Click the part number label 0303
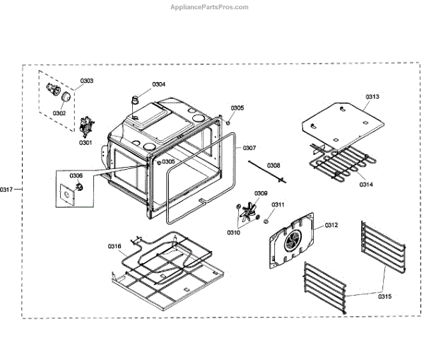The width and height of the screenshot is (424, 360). coord(86,81)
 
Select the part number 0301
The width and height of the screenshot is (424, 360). coord(86,143)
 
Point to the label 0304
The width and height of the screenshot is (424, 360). coord(159,84)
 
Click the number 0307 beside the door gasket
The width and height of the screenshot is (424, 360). coord(249,148)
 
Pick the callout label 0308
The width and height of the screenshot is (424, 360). coord(273,165)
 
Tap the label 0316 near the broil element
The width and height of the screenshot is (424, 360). coord(114,246)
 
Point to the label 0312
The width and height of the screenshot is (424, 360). coord(331,225)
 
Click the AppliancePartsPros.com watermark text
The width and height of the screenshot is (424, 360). coord(210,7)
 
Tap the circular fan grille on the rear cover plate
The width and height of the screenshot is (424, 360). coord(291,242)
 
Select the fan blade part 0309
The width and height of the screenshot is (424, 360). coord(247,210)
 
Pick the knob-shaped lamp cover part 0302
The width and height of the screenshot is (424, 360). coord(65,96)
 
